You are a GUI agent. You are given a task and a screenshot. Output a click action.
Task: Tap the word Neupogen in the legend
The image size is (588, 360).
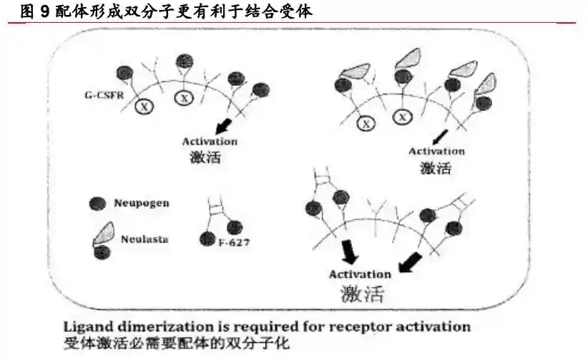[x=141, y=203]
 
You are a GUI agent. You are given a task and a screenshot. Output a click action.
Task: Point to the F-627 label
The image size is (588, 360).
[x=233, y=245]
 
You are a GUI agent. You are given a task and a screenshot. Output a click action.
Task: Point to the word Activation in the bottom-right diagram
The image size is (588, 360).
[x=359, y=273]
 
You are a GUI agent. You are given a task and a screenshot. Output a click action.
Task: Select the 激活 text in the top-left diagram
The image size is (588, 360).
[x=205, y=157]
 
